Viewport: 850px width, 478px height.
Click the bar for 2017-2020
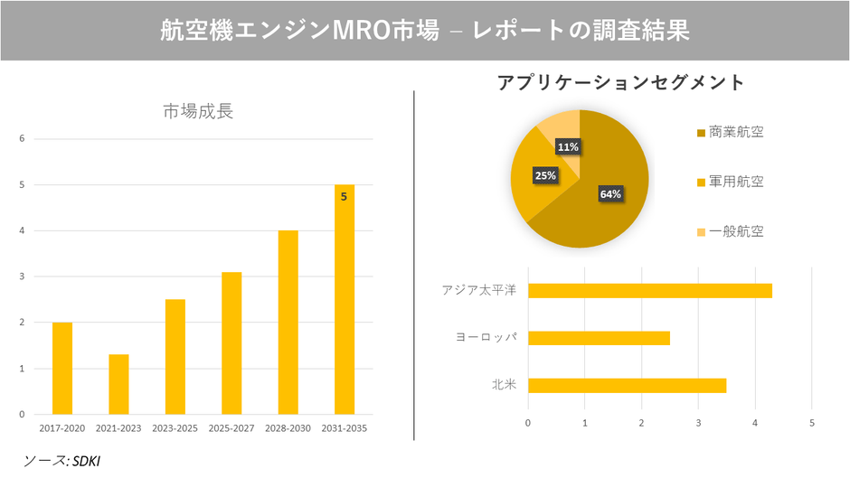pos(62,368)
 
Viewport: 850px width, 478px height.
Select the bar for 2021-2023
pos(118,384)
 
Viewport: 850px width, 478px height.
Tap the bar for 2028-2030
pos(288,323)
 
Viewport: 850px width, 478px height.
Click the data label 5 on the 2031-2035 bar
pos(344,196)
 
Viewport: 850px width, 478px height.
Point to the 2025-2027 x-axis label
pos(231,427)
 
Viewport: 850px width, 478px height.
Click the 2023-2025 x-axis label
pos(175,427)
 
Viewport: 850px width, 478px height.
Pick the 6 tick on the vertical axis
pos(23,139)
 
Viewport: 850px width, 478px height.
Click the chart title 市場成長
pos(198,112)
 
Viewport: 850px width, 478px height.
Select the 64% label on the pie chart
pos(610,193)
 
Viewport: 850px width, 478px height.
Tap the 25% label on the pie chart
pos(545,175)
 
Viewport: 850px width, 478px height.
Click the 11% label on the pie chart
pos(568,146)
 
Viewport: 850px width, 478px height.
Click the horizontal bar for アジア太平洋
pos(649,290)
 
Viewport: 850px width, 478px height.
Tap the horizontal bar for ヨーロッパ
pos(599,338)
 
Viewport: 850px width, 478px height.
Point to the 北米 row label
pos(503,386)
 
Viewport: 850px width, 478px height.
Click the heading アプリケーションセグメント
pos(620,82)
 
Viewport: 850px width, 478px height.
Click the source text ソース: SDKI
pos(61,461)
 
